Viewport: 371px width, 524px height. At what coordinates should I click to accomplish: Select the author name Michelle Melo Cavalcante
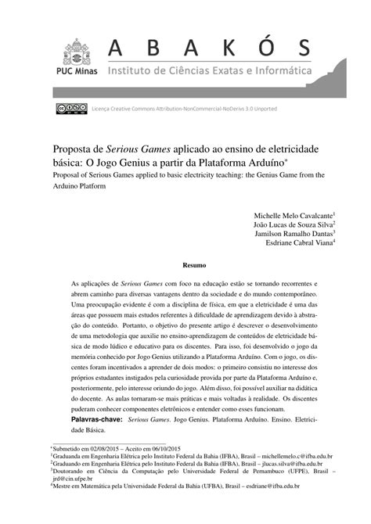click(x=293, y=214)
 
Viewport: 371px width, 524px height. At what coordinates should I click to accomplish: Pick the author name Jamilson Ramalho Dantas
click(x=294, y=233)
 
